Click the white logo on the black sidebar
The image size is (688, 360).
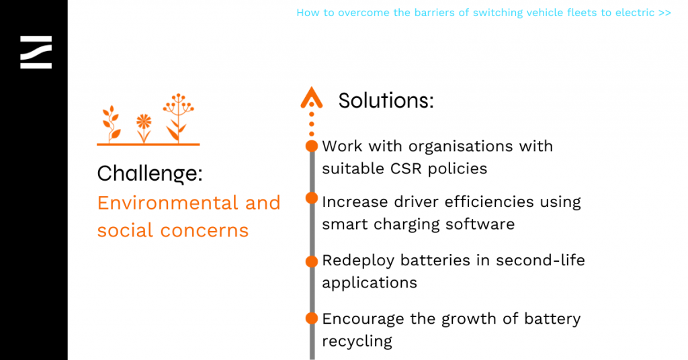36,52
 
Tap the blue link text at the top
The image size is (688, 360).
484,13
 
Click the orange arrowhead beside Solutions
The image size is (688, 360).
312,97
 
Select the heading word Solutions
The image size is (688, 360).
386,101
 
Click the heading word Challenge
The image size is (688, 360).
150,174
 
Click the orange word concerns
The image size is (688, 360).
204,230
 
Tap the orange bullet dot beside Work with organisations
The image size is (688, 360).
312,146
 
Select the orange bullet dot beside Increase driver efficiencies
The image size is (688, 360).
312,198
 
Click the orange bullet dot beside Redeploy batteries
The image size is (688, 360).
312,261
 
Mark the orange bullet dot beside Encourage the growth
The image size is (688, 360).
312,318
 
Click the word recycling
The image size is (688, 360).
357,342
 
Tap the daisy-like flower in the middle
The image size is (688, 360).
144,128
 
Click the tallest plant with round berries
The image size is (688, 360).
177,118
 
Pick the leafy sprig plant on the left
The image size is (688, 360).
112,124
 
